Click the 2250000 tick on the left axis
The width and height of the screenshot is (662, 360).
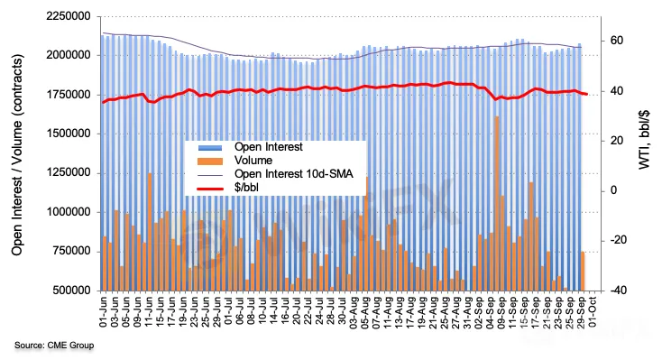68,16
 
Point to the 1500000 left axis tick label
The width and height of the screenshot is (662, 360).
68,134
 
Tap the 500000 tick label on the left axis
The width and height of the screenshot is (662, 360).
71,291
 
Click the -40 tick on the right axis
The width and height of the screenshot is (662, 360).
614,291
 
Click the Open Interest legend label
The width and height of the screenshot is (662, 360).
269,147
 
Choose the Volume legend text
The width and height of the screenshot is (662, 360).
253,161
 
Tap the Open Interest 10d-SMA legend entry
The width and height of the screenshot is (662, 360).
294,174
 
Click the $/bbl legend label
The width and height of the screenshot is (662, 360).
246,188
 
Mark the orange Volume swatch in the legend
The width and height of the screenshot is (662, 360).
210,161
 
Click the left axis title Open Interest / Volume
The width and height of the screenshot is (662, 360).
17,154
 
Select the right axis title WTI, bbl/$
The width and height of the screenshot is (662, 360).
644,139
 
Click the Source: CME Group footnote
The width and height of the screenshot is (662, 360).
54,346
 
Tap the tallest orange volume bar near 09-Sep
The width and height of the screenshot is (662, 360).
497,203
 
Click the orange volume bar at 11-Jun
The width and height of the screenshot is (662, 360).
150,232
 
